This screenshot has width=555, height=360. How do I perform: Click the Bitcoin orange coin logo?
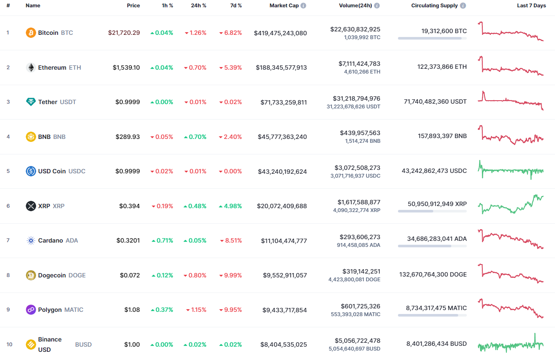[x=31, y=33]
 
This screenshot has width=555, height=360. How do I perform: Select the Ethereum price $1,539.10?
[x=126, y=68]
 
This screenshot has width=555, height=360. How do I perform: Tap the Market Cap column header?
[x=284, y=6]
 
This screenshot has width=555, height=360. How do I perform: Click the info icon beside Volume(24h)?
[x=377, y=6]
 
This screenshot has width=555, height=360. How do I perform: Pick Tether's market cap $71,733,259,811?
[x=284, y=102]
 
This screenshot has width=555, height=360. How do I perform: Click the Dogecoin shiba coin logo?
[x=31, y=275]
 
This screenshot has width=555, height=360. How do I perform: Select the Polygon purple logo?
[x=31, y=310]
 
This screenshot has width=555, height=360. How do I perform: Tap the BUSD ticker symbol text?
[x=83, y=345]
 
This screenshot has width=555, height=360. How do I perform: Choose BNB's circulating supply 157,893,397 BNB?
[x=442, y=136]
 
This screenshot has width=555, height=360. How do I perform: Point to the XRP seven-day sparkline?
[x=511, y=205]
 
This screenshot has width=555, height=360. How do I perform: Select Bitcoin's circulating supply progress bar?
[x=432, y=38]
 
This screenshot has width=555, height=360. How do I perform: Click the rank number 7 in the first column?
[x=8, y=240]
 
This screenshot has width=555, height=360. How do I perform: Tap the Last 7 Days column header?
[x=531, y=6]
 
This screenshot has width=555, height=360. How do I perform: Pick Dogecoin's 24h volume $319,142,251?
[x=361, y=271]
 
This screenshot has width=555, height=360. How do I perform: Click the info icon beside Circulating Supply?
[x=463, y=6]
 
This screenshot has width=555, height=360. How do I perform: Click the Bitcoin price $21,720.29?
[x=124, y=33]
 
